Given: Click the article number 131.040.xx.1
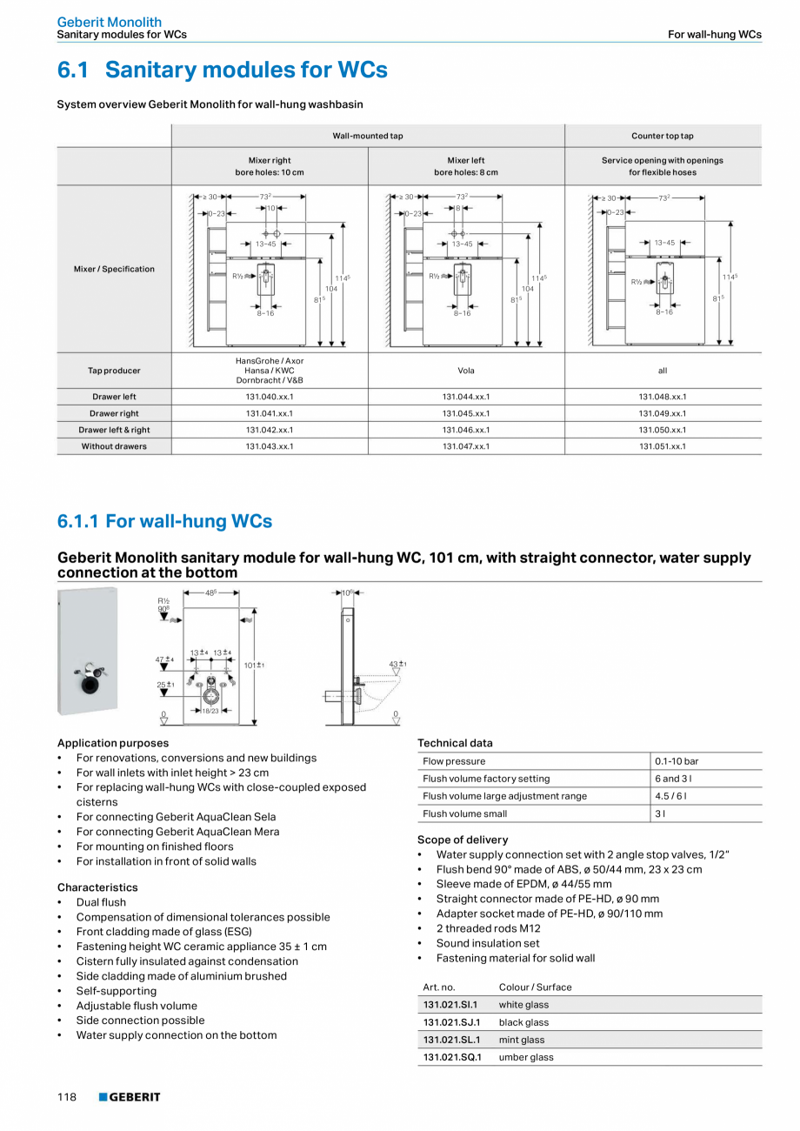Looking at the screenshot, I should tap(270, 397).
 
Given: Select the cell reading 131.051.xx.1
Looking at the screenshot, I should tap(663, 446).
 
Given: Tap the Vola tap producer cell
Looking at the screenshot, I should tap(466, 371).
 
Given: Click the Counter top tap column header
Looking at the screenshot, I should tap(663, 136).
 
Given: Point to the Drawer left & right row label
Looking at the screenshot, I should tap(114, 430).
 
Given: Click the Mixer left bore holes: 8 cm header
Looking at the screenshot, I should tap(466, 166).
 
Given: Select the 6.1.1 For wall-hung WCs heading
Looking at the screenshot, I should tap(164, 521).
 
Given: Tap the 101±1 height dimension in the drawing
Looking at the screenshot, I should tap(254, 666).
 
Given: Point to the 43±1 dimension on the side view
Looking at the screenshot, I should tap(397, 665).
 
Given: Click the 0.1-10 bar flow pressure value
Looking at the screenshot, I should tap(677, 761).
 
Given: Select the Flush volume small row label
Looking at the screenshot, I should tap(465, 813).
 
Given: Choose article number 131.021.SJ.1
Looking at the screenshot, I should tap(451, 1022).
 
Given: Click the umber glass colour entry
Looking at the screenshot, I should tap(526, 1057).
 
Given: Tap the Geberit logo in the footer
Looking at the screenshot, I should tap(130, 1097).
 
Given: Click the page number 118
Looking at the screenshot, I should tap(67, 1097).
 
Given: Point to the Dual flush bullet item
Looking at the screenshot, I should tap(101, 902).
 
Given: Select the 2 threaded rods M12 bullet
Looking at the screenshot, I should tap(488, 928).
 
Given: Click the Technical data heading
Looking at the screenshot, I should tap(455, 743).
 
